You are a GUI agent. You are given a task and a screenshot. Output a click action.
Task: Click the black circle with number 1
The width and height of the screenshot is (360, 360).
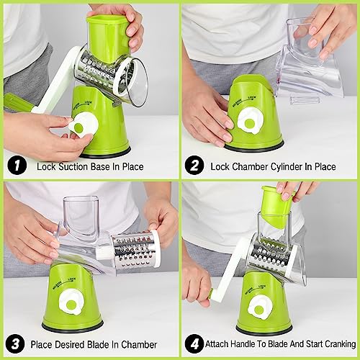coord(17,165)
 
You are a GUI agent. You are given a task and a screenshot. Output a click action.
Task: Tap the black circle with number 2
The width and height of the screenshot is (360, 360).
coord(194,165)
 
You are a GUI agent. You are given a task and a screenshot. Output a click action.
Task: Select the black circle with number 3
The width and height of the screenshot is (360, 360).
coord(15,343)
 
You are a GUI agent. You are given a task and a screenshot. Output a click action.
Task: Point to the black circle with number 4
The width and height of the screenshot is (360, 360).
coord(194,343)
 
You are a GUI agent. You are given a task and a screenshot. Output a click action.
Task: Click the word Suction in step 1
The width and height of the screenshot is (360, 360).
coord(73,166)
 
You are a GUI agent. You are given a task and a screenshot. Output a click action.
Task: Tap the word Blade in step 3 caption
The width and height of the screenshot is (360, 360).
coord(99,345)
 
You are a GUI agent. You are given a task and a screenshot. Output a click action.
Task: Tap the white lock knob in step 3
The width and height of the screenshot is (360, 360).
coord(71,302)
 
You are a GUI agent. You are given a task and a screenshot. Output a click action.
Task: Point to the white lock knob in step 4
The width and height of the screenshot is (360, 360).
coord(260,307)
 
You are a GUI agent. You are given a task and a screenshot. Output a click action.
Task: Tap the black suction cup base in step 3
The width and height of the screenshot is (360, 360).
coord(73,326)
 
